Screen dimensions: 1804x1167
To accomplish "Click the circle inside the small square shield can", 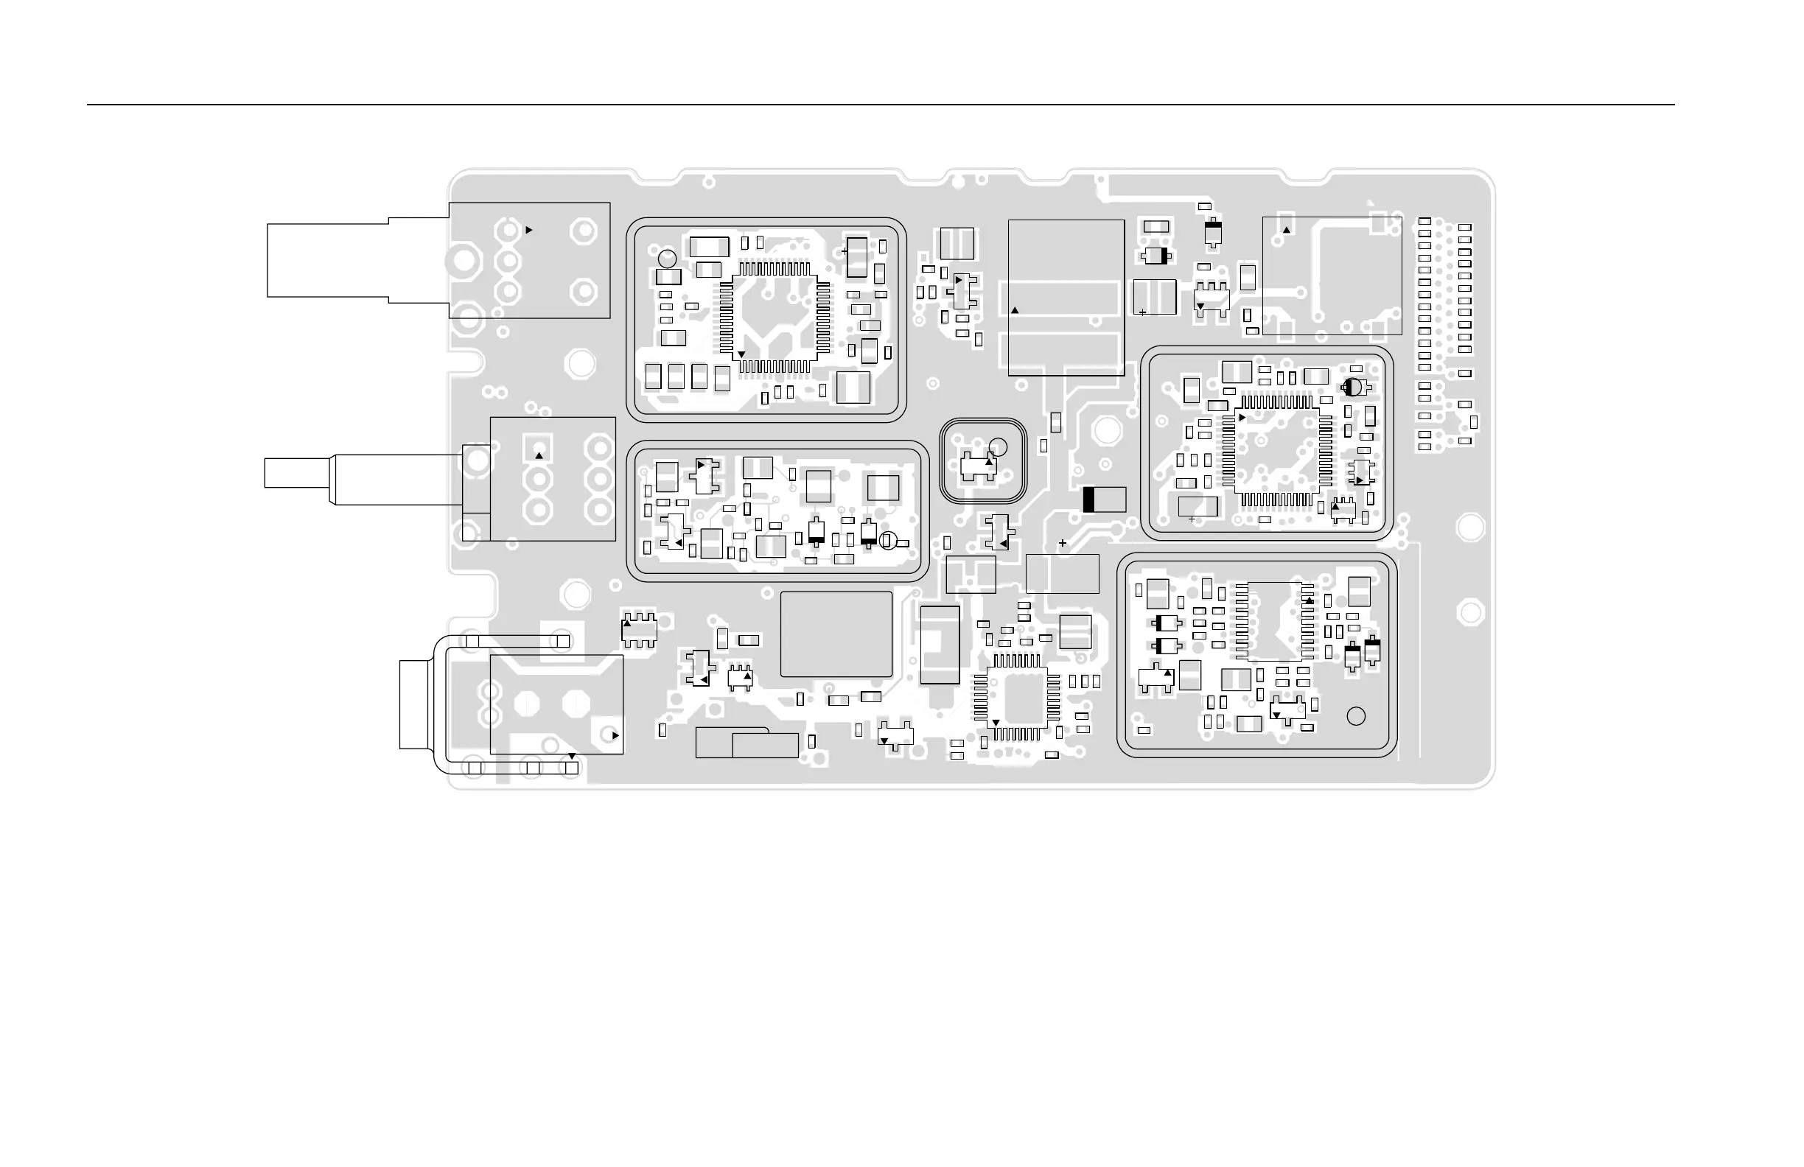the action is pyautogui.click(x=999, y=447).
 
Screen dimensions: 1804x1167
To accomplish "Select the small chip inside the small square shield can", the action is pyautogui.click(x=978, y=467).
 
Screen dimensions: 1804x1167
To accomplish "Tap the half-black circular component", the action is pyautogui.click(x=1352, y=388).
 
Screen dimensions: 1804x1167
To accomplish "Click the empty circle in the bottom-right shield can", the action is pyautogui.click(x=1356, y=716).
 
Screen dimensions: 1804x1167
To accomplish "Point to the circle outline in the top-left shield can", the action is pyautogui.click(x=667, y=259).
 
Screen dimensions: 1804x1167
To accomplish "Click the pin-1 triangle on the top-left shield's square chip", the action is pyautogui.click(x=741, y=354).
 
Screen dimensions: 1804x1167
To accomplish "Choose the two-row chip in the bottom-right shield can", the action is pyautogui.click(x=1275, y=620).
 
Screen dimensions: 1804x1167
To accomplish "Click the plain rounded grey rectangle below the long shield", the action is pyautogui.click(x=836, y=634).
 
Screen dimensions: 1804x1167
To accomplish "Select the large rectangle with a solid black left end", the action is pyautogui.click(x=1105, y=500).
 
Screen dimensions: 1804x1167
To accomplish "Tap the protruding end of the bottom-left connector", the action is pyautogui.click(x=414, y=705).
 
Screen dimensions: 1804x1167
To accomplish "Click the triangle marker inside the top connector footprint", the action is pyautogui.click(x=529, y=230).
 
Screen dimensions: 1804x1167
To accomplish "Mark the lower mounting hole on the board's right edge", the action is pyautogui.click(x=1470, y=611).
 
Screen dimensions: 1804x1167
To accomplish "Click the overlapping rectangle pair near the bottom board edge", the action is pyautogui.click(x=747, y=743).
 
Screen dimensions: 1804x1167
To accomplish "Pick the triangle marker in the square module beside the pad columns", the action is pyautogui.click(x=1286, y=230).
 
